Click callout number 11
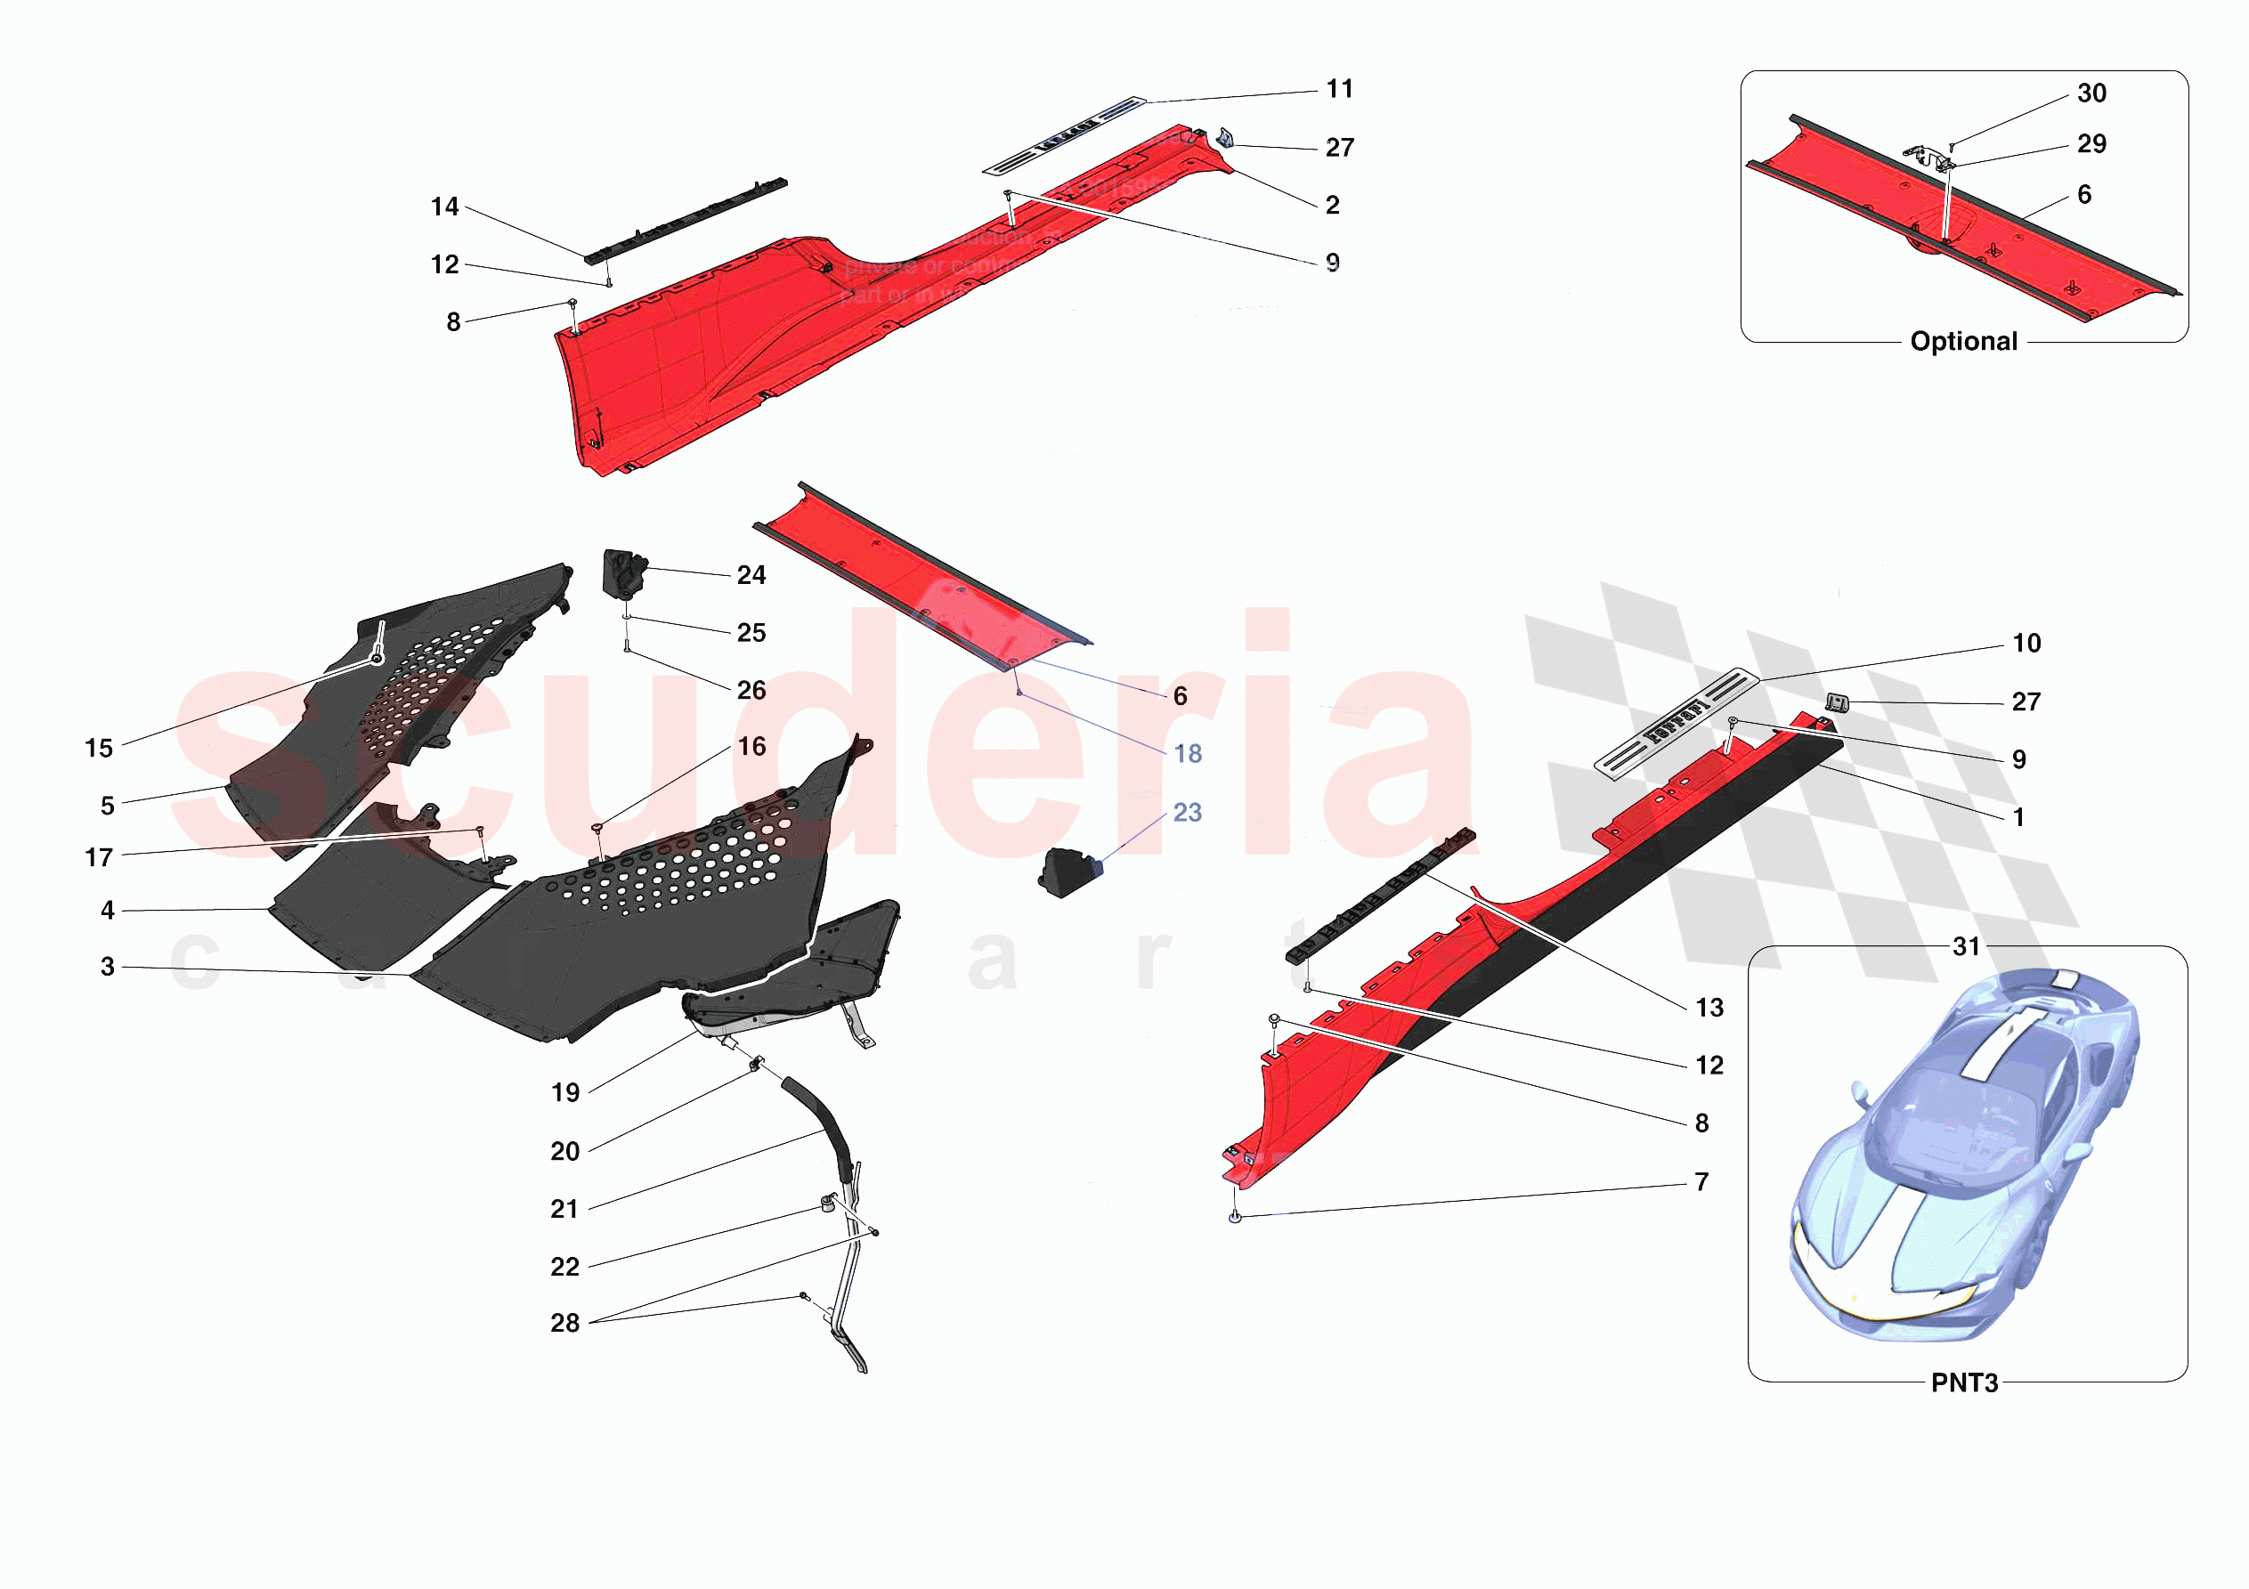point(1339,89)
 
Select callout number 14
point(443,207)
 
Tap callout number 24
point(751,575)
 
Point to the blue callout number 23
point(1187,812)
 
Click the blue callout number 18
point(1187,753)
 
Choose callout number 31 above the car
point(1966,946)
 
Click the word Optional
point(1963,341)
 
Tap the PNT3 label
point(1964,1382)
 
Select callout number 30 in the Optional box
point(2091,93)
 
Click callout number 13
point(1709,1007)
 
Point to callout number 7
point(1701,1181)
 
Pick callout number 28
point(565,1323)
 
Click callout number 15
point(99,748)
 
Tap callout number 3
point(108,966)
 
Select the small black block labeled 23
point(1068,871)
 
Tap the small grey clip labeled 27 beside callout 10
point(1837,702)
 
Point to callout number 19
point(565,1092)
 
